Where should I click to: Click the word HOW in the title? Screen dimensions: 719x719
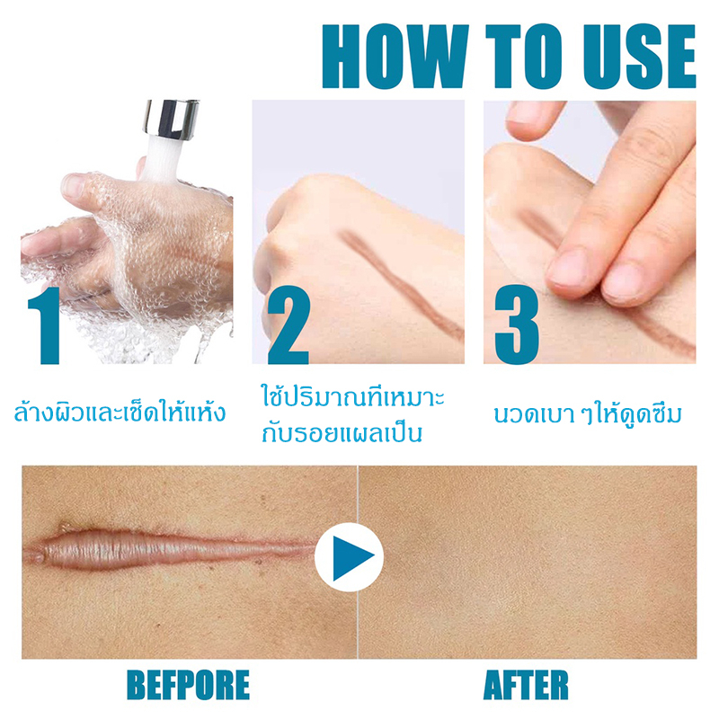[x=395, y=57]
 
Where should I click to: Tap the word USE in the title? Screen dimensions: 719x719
[x=639, y=57]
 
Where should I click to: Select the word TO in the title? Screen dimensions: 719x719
[x=524, y=57]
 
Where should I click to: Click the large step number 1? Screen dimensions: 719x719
[x=45, y=325]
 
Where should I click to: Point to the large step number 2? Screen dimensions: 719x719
[x=288, y=325]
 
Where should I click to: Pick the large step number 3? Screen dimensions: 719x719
[x=517, y=325]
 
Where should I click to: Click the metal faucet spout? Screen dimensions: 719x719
[x=172, y=119]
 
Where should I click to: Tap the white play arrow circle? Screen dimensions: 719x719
[x=350, y=557]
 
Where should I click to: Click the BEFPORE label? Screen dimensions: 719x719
[x=188, y=685]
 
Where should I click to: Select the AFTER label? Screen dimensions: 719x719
[x=526, y=685]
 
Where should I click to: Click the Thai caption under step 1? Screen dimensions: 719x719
[x=120, y=412]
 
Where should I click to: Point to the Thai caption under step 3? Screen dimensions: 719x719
[x=589, y=413]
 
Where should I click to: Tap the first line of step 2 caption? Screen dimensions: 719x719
[x=352, y=397]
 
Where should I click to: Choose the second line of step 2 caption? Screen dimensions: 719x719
[x=342, y=433]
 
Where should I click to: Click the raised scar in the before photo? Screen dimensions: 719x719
[x=170, y=548]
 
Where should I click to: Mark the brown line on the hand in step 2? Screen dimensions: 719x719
[x=400, y=285]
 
